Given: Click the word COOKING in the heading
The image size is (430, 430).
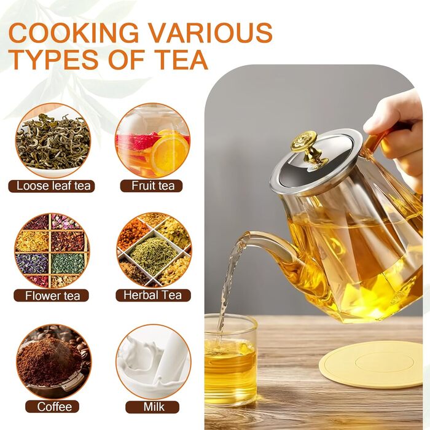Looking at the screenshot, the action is [x=74, y=33].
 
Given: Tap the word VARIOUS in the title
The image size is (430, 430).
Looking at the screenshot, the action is [x=211, y=33].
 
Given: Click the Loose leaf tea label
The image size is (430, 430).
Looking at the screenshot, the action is [x=53, y=186].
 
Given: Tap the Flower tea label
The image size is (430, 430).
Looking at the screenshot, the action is [x=52, y=295].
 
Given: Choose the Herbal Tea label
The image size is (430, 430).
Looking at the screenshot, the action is [x=153, y=295].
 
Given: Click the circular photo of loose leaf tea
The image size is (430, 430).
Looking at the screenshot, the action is [x=53, y=141].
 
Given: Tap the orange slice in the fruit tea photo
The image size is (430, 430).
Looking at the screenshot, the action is [x=170, y=154].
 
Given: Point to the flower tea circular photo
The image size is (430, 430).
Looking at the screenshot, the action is [x=52, y=251].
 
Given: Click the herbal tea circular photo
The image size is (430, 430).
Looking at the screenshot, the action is [x=154, y=250].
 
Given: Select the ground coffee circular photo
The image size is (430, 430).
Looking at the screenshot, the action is [x=54, y=362].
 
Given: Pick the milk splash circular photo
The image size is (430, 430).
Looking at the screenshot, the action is [x=154, y=362].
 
